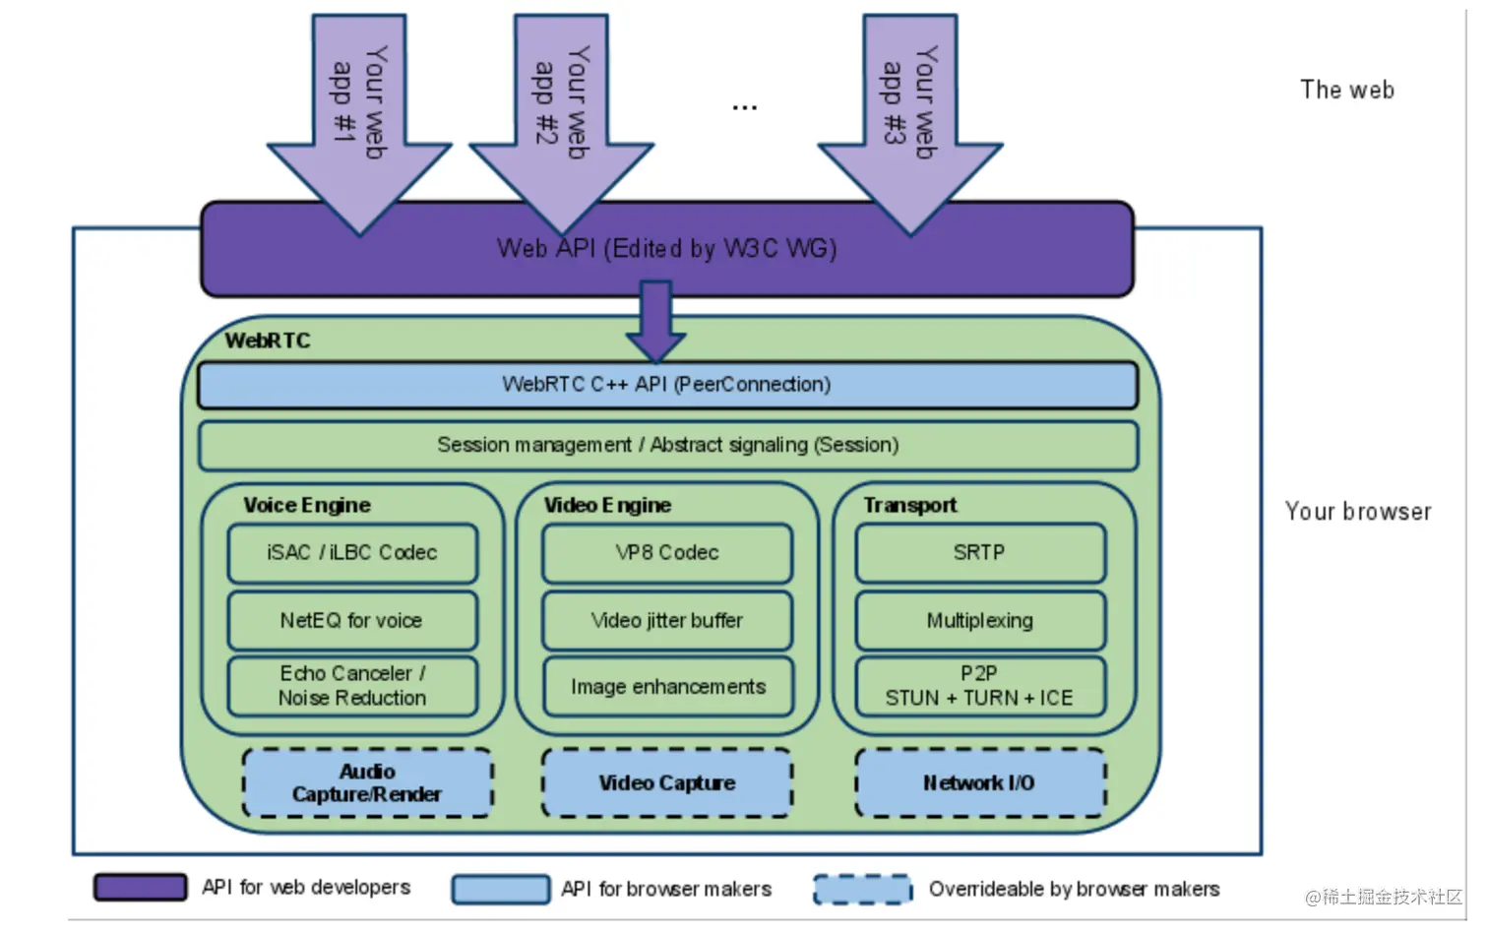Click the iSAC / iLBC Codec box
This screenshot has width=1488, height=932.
[352, 553]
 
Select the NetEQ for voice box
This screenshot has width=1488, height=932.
[352, 620]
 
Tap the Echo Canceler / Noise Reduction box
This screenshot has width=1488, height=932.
[352, 686]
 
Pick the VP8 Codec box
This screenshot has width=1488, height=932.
[667, 553]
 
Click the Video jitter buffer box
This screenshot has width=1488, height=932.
[667, 620]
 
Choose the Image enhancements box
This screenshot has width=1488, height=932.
[667, 686]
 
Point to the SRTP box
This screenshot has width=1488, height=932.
[980, 553]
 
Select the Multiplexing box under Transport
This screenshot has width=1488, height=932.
[980, 620]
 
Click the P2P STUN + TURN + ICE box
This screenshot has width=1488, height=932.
[980, 686]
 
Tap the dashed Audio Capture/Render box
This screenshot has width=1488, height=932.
[367, 782]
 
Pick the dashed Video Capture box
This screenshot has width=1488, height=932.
[667, 782]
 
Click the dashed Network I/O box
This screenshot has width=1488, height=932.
[980, 782]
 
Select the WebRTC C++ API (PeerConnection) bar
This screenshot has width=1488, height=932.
[667, 385]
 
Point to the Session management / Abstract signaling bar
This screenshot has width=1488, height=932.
[667, 445]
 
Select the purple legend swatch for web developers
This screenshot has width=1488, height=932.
[140, 887]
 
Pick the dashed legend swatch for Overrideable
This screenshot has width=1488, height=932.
[863, 889]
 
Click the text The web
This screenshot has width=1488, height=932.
[1346, 90]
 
